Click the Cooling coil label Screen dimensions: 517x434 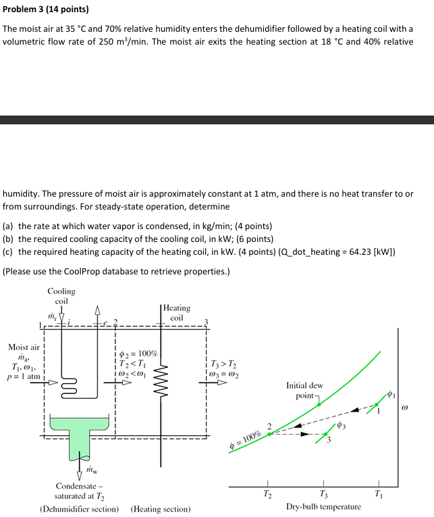[61, 296]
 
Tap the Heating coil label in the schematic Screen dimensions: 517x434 [177, 312]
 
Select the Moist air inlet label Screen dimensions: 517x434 [23, 347]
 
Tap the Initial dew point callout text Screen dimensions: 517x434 [304, 391]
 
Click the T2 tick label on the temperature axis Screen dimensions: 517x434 [269, 492]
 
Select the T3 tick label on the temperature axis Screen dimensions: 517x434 [324, 492]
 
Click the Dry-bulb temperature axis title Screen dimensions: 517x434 [323, 507]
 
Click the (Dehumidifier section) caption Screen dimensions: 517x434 [80, 509]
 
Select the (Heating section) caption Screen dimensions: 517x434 [160, 509]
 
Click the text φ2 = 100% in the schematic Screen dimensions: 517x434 [138, 353]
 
